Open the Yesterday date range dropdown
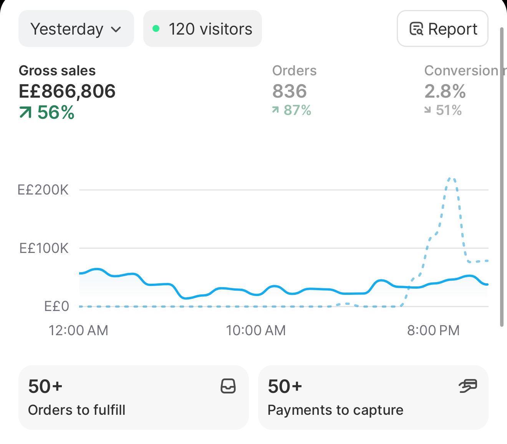[76, 28]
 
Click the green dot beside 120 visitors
[156, 28]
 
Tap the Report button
[442, 28]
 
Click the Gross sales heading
[57, 70]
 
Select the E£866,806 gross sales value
[67, 91]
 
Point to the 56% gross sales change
[47, 112]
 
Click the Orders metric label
[294, 70]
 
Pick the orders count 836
[290, 91]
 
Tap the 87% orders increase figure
[292, 110]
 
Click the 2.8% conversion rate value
[445, 91]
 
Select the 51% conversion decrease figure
[443, 110]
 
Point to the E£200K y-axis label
[43, 190]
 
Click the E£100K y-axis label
[44, 248]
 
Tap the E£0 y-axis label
[56, 306]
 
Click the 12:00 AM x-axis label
[78, 330]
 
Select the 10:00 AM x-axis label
[256, 330]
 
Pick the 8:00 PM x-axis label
[433, 330]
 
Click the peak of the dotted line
[451, 178]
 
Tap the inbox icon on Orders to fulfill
[228, 386]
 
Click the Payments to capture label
[336, 410]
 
